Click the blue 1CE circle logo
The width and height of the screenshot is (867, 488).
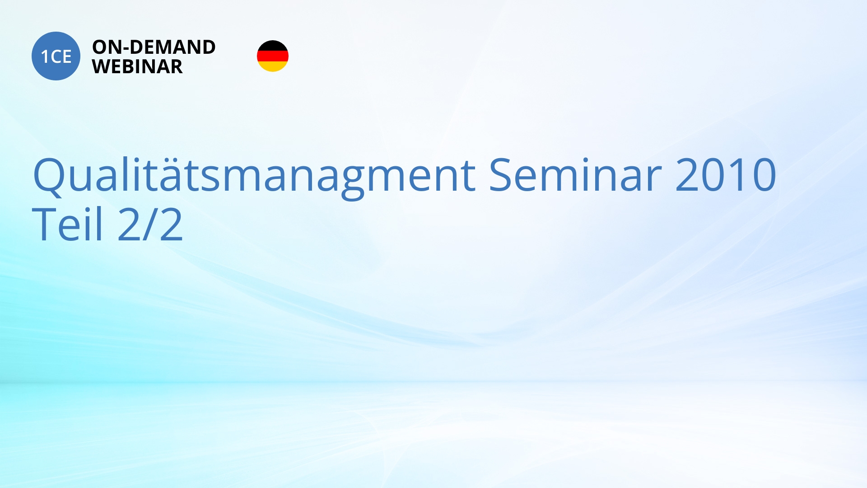pyautogui.click(x=56, y=56)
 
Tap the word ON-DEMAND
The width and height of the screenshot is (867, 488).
pyautogui.click(x=154, y=47)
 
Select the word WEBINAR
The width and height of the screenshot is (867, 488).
pyautogui.click(x=137, y=66)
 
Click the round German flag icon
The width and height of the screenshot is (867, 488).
pyautogui.click(x=273, y=56)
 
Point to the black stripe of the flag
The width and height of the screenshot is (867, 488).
pyautogui.click(x=273, y=46)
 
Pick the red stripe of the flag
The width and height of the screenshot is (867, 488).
pyautogui.click(x=273, y=56)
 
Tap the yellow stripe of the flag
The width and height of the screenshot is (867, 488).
pyautogui.click(x=273, y=66)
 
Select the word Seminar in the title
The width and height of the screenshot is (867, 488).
pyautogui.click(x=575, y=174)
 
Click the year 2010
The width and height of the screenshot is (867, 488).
pyautogui.click(x=726, y=174)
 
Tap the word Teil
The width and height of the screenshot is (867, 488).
pyautogui.click(x=68, y=223)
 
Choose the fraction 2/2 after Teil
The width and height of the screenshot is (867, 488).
pyautogui.click(x=150, y=224)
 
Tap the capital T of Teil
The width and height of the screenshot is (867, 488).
pyautogui.click(x=45, y=224)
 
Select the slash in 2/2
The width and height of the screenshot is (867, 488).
pyautogui.click(x=150, y=224)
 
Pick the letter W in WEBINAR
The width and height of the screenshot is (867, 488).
pyautogui.click(x=103, y=66)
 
